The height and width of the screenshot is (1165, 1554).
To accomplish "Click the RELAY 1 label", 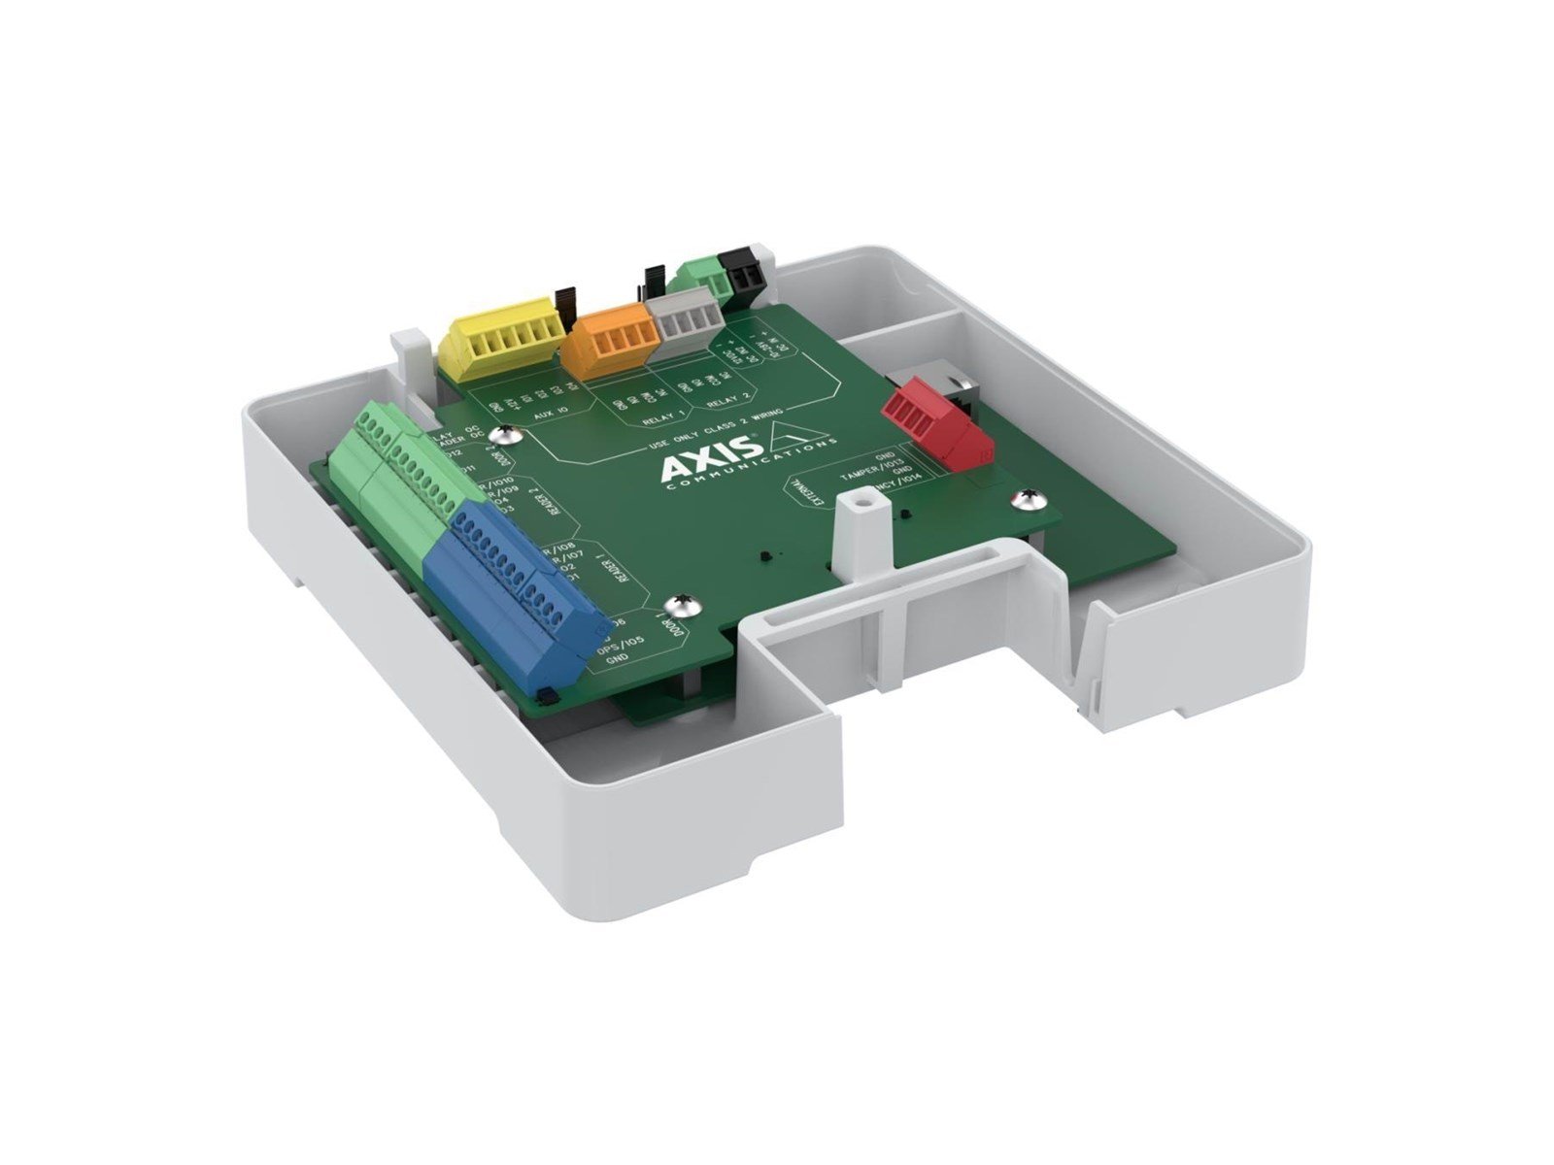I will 664,419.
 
